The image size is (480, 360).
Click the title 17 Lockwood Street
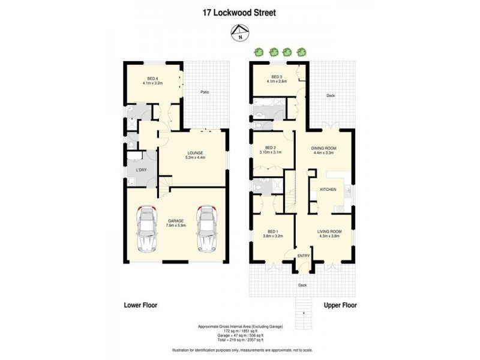coord(239,11)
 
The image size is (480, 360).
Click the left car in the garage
coord(147,229)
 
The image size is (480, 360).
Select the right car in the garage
coord(206,229)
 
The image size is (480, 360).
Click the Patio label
coord(205,92)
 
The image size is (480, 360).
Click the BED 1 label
coord(272,233)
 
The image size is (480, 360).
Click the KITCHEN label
coord(327,190)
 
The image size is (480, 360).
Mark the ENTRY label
coord(304,256)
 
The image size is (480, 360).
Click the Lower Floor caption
coord(140,305)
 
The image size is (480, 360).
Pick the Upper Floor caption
coord(340,305)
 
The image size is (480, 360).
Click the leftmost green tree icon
coord(259,52)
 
